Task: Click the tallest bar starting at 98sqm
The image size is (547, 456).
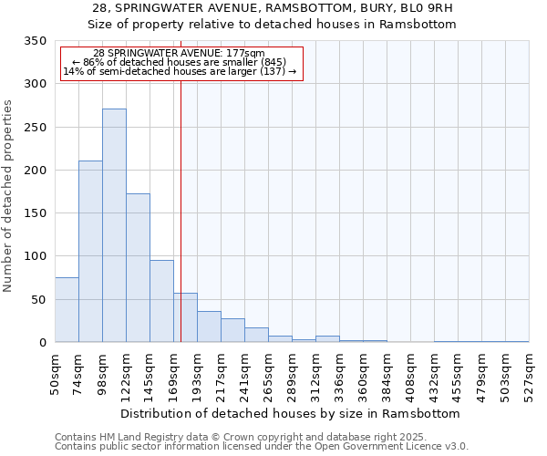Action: pyautogui.click(x=114, y=225)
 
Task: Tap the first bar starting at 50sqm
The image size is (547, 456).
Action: pyautogui.click(x=67, y=310)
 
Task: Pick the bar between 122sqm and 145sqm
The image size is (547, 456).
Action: pyautogui.click(x=138, y=268)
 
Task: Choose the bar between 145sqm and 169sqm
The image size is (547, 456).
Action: pyautogui.click(x=161, y=301)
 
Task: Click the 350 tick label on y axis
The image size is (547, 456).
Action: pyautogui.click(x=35, y=41)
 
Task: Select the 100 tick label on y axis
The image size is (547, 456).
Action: pyautogui.click(x=35, y=256)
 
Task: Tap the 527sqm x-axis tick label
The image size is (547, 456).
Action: pyautogui.click(x=530, y=375)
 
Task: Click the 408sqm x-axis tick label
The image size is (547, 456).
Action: pyautogui.click(x=411, y=375)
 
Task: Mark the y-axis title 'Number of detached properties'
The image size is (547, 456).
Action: pyautogui.click(x=9, y=197)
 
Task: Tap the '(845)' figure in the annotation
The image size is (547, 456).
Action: pyautogui.click(x=270, y=62)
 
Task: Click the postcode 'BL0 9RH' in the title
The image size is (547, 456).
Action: pyautogui.click(x=417, y=8)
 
